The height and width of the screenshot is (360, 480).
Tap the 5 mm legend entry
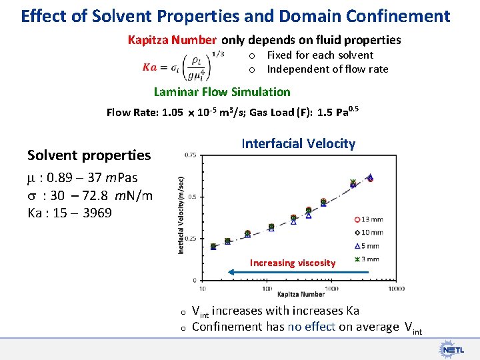tap(368, 246)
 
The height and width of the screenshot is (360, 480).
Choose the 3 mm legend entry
tap(368, 259)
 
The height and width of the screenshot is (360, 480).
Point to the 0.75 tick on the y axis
tap(190, 155)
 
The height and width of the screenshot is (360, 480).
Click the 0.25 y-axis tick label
tap(190, 238)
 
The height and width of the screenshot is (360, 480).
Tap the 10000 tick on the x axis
tap(396, 288)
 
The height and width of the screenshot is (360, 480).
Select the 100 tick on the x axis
tap(267, 288)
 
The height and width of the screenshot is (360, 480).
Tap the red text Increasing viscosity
tap(292, 263)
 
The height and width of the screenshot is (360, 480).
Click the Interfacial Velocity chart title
tap(298, 143)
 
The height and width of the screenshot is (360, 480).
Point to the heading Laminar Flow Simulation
tap(222, 92)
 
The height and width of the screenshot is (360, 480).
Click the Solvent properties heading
tap(89, 155)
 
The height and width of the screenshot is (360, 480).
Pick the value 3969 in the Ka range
tap(97, 213)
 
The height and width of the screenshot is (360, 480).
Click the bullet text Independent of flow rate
tap(327, 69)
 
